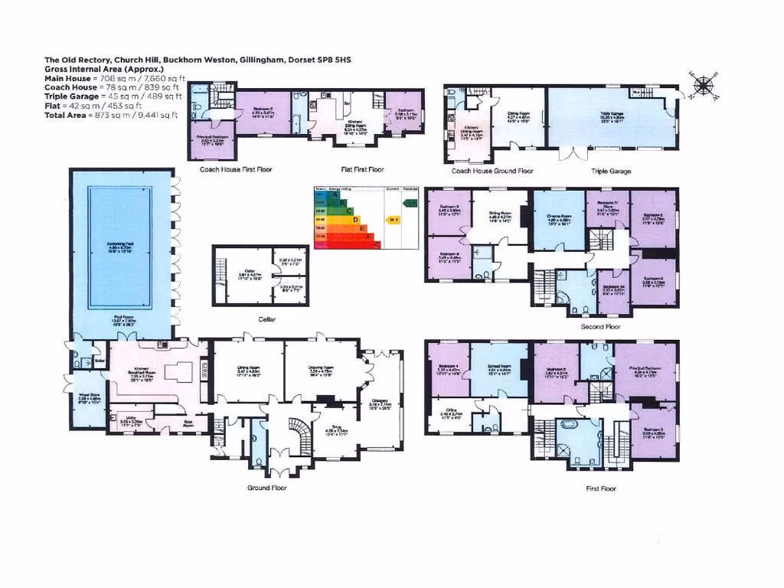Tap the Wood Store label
click(x=90, y=397)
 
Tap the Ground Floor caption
click(x=266, y=488)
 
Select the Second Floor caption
click(x=600, y=326)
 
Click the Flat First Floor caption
click(x=362, y=170)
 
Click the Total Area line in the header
click(x=111, y=115)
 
